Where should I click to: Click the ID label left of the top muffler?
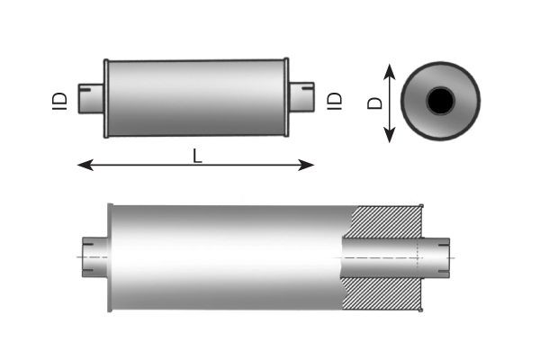pos(57,99)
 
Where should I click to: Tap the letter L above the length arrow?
pos(197,155)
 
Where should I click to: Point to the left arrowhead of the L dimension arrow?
pos(83,165)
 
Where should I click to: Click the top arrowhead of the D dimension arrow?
pos(390,69)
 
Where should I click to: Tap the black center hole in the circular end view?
pos(439,102)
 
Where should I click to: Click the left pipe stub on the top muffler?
pos(91,98)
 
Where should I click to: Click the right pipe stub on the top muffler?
pos(301,98)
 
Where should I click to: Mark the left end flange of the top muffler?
pos(106,99)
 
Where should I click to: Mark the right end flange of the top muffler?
pos(287,99)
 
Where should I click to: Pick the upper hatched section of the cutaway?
pos(386,222)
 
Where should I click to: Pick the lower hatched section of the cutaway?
pos(386,290)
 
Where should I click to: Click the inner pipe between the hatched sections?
pos(382,256)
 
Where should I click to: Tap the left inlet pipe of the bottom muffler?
pos(93,256)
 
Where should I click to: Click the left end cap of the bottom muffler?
pos(109,256)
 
